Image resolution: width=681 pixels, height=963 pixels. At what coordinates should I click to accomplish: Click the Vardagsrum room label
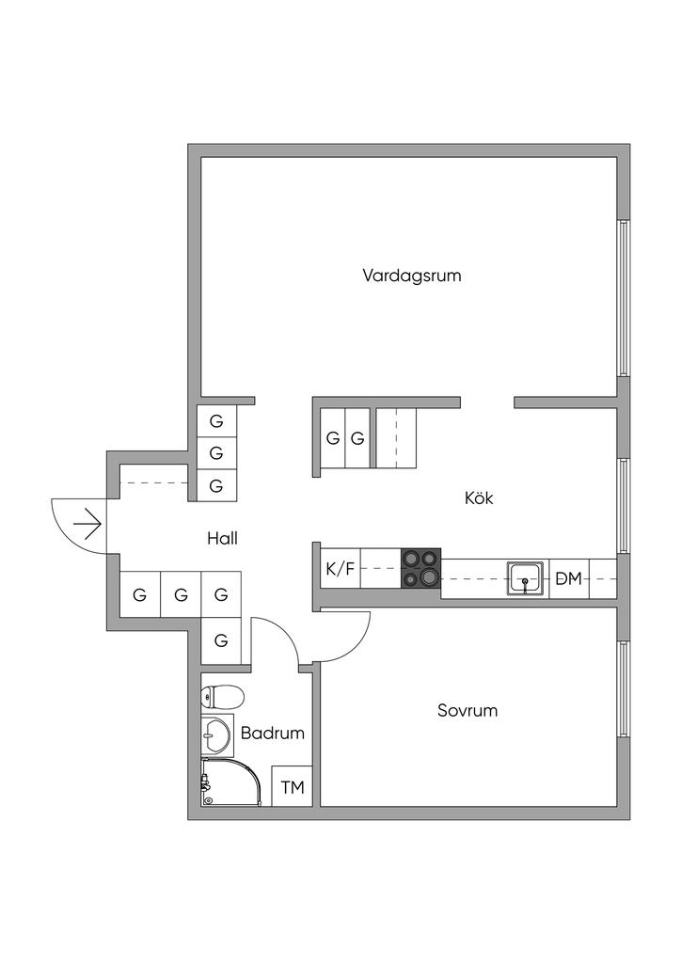point(411,276)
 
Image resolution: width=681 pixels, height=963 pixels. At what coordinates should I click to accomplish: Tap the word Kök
point(479,497)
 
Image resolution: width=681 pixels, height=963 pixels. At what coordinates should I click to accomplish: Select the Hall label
point(222,539)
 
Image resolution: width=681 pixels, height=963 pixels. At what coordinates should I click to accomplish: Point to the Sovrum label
point(467,711)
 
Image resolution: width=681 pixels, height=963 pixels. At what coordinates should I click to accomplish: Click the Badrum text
point(273,733)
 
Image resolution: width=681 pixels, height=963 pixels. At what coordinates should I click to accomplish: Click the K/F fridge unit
point(340,569)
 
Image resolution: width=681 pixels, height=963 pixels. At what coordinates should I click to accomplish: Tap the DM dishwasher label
point(569,578)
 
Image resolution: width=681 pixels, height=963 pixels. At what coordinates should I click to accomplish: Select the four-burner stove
point(421,568)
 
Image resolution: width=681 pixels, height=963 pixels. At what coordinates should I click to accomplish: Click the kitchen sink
point(526,578)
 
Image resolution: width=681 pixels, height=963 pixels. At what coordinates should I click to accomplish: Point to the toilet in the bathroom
point(222,697)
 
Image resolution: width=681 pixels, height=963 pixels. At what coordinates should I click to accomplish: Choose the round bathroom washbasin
point(215,734)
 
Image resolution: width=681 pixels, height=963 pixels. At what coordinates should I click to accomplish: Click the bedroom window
point(624,689)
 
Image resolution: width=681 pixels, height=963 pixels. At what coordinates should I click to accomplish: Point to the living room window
point(624,297)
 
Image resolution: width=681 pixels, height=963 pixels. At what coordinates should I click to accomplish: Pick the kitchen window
point(624,506)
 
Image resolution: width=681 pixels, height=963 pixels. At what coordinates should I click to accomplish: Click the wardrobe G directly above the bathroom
point(221,640)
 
